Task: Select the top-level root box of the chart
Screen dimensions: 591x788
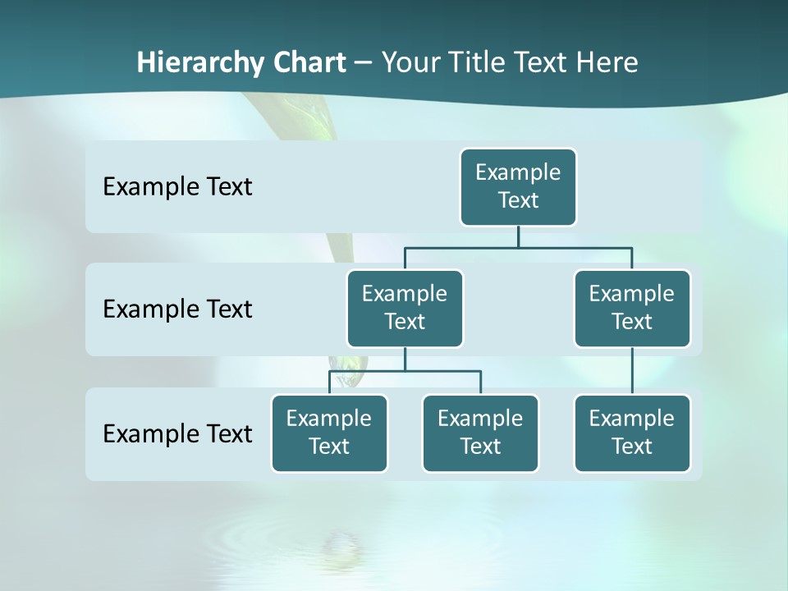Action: (x=518, y=186)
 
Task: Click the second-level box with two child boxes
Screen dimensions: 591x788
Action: (x=405, y=308)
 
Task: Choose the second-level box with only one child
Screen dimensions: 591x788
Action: (x=632, y=308)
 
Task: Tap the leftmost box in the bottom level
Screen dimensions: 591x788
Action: (x=329, y=433)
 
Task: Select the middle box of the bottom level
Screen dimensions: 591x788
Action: (x=480, y=433)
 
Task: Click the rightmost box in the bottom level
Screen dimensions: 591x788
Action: (x=632, y=433)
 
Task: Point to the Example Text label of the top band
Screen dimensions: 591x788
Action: (x=177, y=187)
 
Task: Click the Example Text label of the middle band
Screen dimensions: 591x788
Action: (x=177, y=309)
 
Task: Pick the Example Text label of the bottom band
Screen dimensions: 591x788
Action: (x=177, y=433)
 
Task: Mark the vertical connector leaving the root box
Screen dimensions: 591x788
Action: (x=518, y=236)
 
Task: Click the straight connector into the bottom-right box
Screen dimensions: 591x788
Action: (x=632, y=371)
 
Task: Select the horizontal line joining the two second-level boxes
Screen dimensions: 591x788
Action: (x=518, y=247)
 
